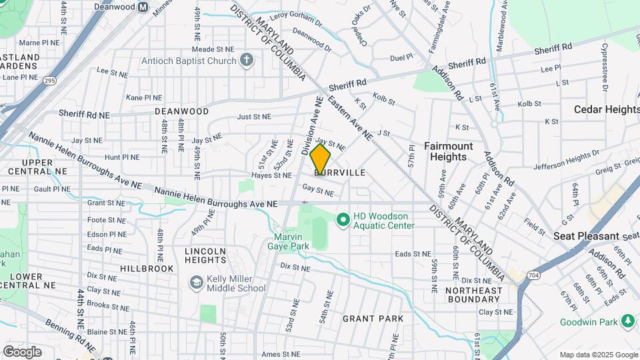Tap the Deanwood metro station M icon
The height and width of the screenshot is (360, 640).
click(x=143, y=7)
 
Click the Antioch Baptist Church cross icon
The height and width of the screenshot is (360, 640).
click(x=247, y=61)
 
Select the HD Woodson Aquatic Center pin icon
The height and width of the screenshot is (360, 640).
click(x=343, y=219)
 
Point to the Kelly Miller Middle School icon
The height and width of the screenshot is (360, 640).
click(x=196, y=283)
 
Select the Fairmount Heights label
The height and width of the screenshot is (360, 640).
click(x=448, y=151)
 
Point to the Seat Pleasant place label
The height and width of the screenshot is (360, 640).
click(x=586, y=236)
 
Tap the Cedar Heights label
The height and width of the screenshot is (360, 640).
click(x=607, y=109)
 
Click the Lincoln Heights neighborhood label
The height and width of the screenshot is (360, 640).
click(x=205, y=255)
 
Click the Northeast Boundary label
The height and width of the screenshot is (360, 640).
click(x=473, y=295)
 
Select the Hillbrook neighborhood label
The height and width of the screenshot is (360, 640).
click(x=147, y=268)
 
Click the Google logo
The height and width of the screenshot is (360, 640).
click(x=22, y=351)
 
